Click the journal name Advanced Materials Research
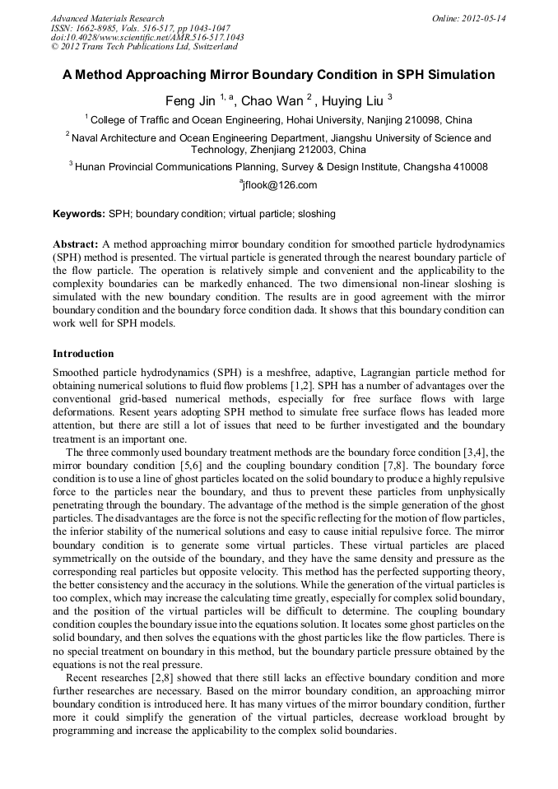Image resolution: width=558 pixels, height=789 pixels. [108, 18]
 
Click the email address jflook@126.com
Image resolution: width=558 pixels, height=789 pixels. [279, 185]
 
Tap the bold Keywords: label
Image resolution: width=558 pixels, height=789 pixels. [79, 214]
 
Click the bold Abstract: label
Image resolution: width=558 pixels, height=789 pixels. [77, 245]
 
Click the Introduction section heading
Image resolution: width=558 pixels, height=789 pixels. [83, 354]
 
